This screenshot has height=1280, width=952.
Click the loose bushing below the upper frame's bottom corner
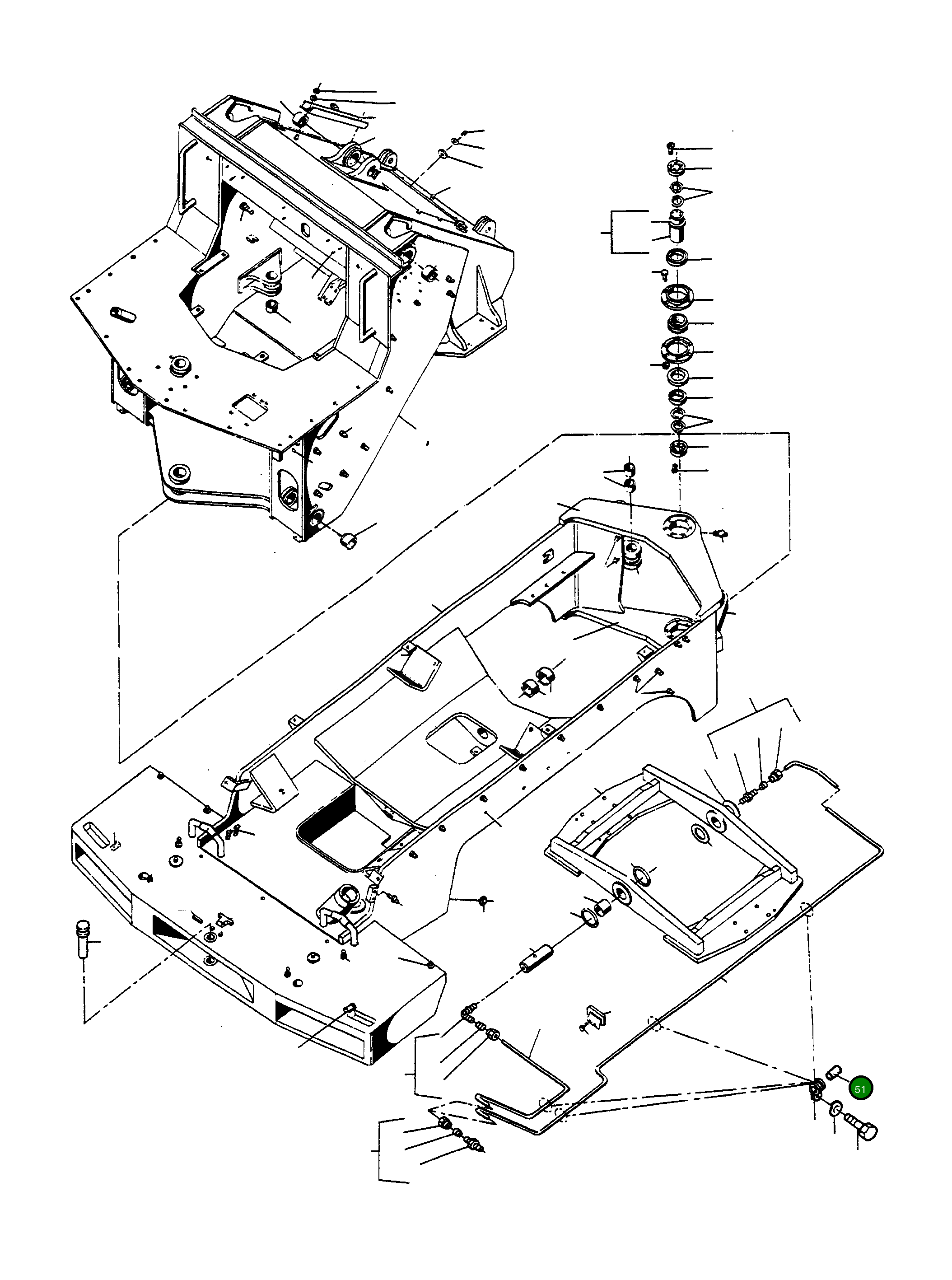349,541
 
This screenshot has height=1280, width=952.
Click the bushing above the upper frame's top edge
300,119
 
